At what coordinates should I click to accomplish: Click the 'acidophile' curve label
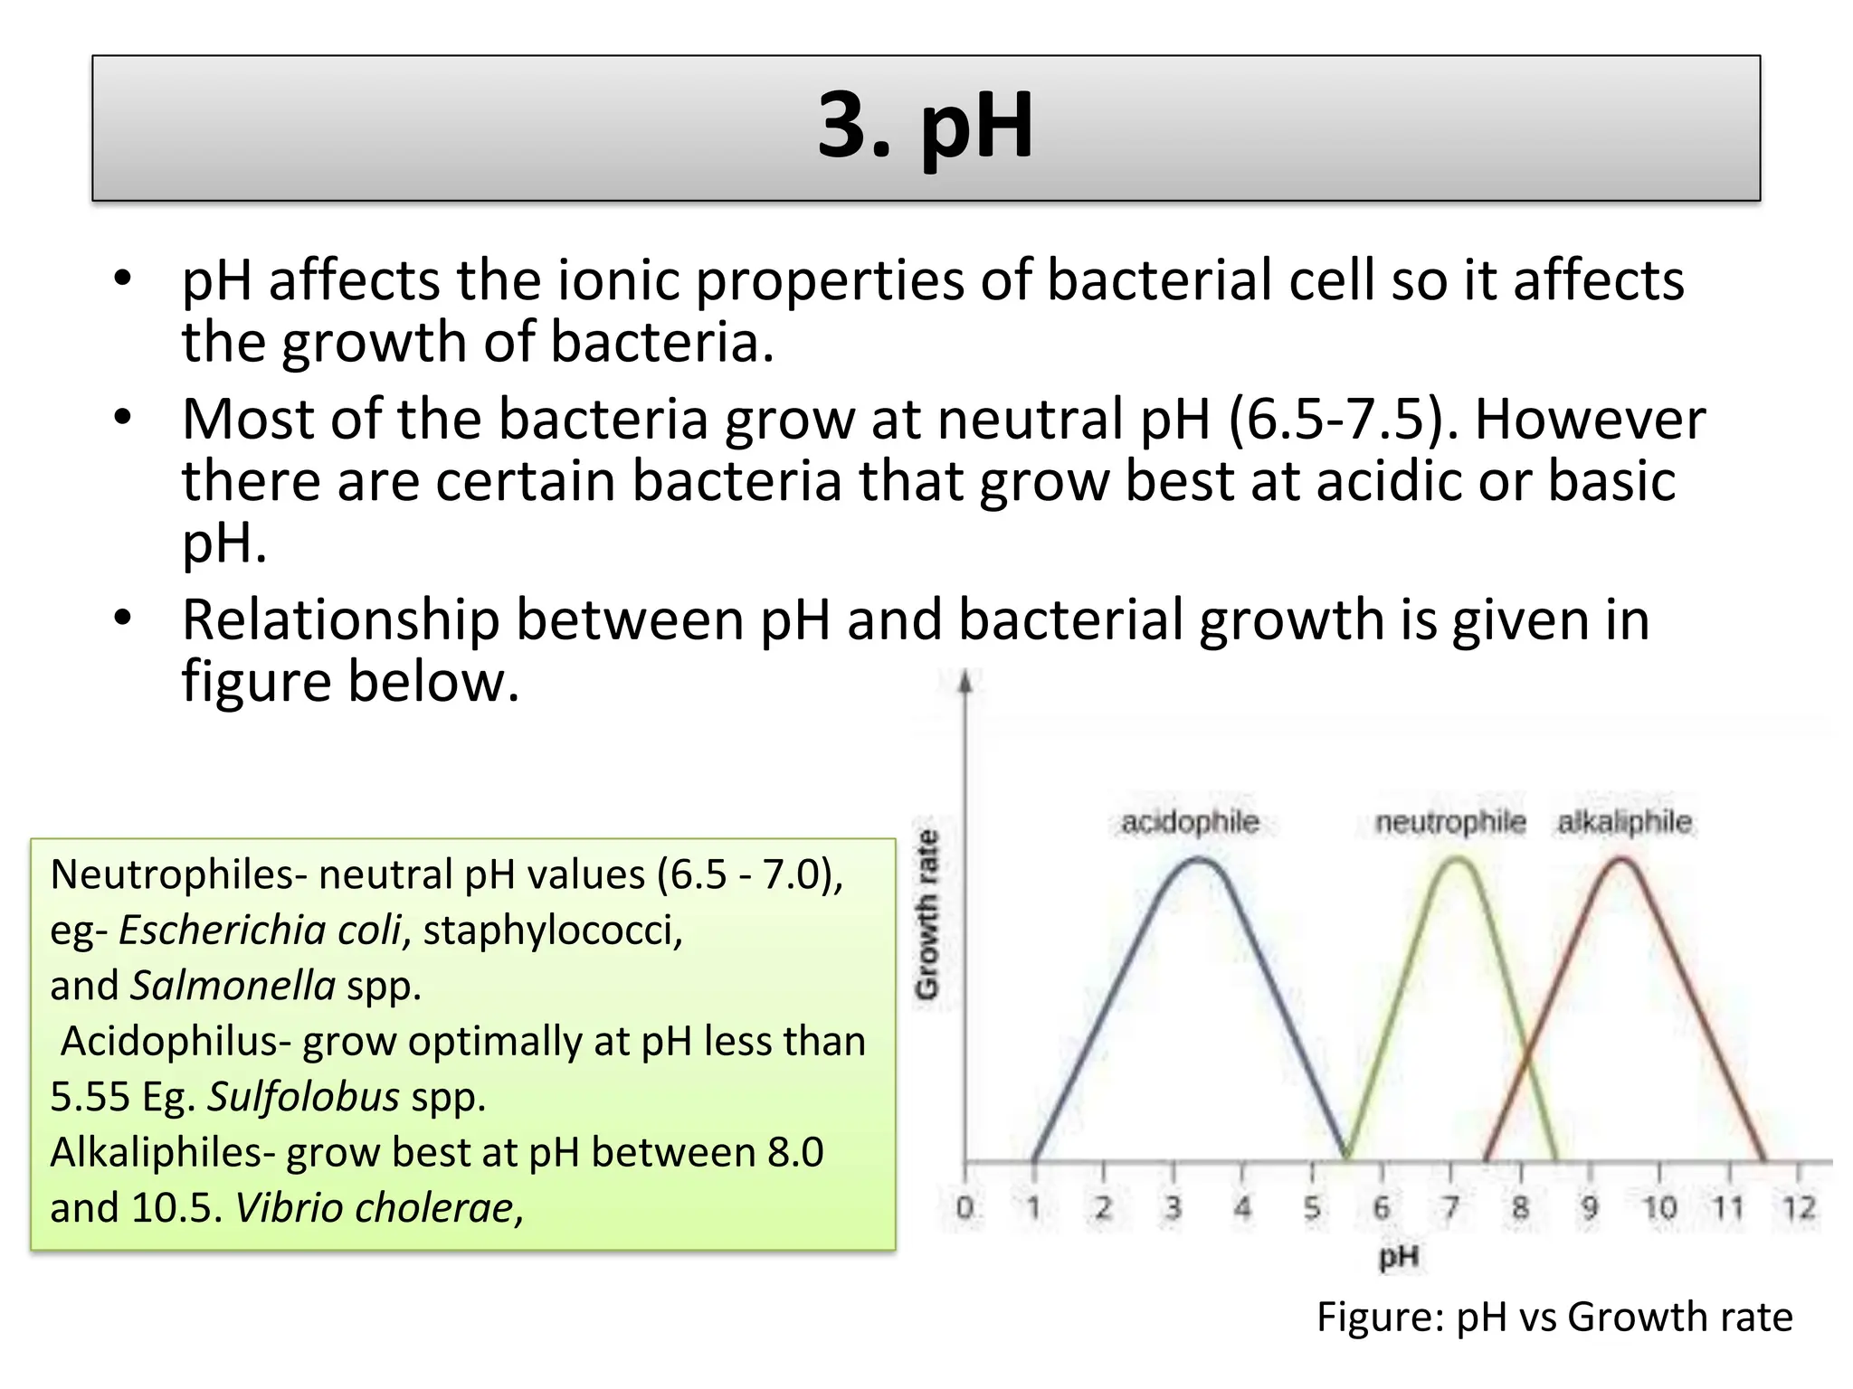coord(1190,822)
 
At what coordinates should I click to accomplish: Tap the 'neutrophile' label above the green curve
coord(1449,822)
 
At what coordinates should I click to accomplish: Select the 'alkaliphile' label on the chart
coord(1624,822)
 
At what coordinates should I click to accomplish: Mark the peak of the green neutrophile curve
coord(1457,860)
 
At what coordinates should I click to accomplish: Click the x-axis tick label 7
coord(1450,1207)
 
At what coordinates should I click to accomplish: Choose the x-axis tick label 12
coord(1798,1207)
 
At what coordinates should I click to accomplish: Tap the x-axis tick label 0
coord(965,1207)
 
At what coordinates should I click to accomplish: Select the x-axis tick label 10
coord(1658,1207)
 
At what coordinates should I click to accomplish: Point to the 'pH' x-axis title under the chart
coord(1398,1256)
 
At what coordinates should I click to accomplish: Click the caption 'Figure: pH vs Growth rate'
coord(1554,1317)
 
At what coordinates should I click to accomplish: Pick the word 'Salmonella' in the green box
coord(233,986)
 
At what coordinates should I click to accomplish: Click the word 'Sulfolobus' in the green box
coord(303,1097)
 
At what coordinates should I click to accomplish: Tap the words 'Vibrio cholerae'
coord(375,1208)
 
